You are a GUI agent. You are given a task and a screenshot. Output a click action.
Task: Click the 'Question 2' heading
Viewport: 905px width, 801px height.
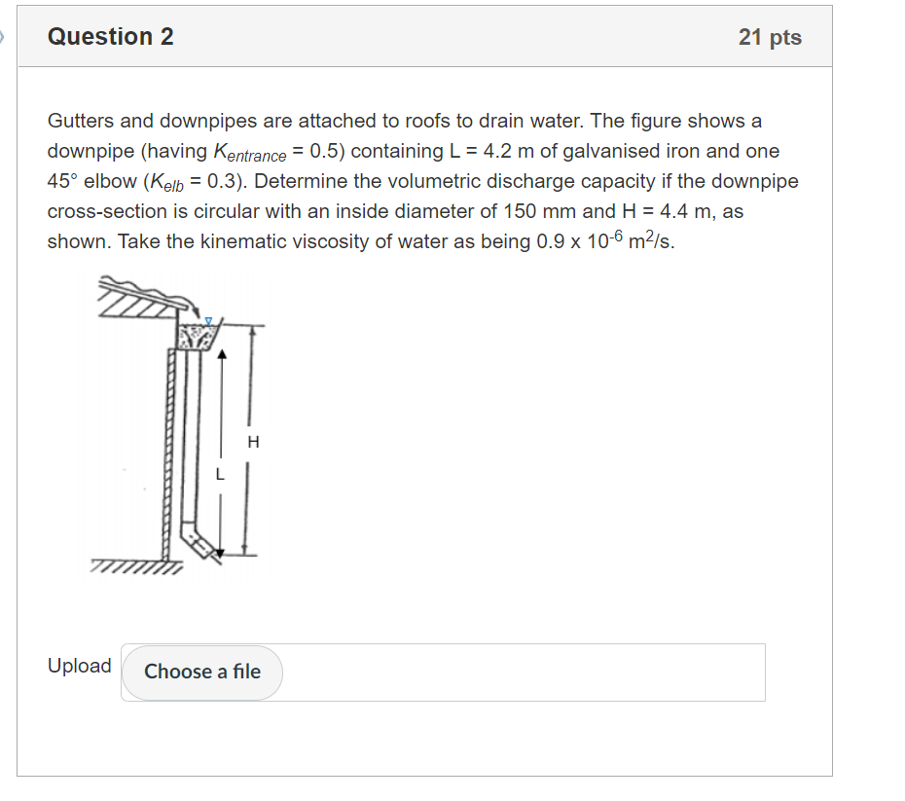click(x=111, y=37)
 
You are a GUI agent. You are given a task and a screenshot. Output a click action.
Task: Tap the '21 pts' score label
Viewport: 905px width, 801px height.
click(x=770, y=37)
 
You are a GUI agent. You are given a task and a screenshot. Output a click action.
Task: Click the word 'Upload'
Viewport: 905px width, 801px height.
click(x=80, y=666)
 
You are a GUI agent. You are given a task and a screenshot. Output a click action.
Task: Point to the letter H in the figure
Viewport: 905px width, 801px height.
click(x=254, y=443)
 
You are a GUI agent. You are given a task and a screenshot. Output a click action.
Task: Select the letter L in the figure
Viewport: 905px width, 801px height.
click(x=220, y=476)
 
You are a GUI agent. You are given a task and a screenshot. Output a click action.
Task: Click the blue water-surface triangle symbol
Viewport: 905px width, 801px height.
click(x=206, y=319)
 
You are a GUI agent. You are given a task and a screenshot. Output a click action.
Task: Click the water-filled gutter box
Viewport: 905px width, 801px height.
click(x=199, y=337)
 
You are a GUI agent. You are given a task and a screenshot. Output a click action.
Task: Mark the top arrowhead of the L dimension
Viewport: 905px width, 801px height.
click(x=223, y=355)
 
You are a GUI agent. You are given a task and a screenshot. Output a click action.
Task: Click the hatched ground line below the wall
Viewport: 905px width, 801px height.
click(x=136, y=565)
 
